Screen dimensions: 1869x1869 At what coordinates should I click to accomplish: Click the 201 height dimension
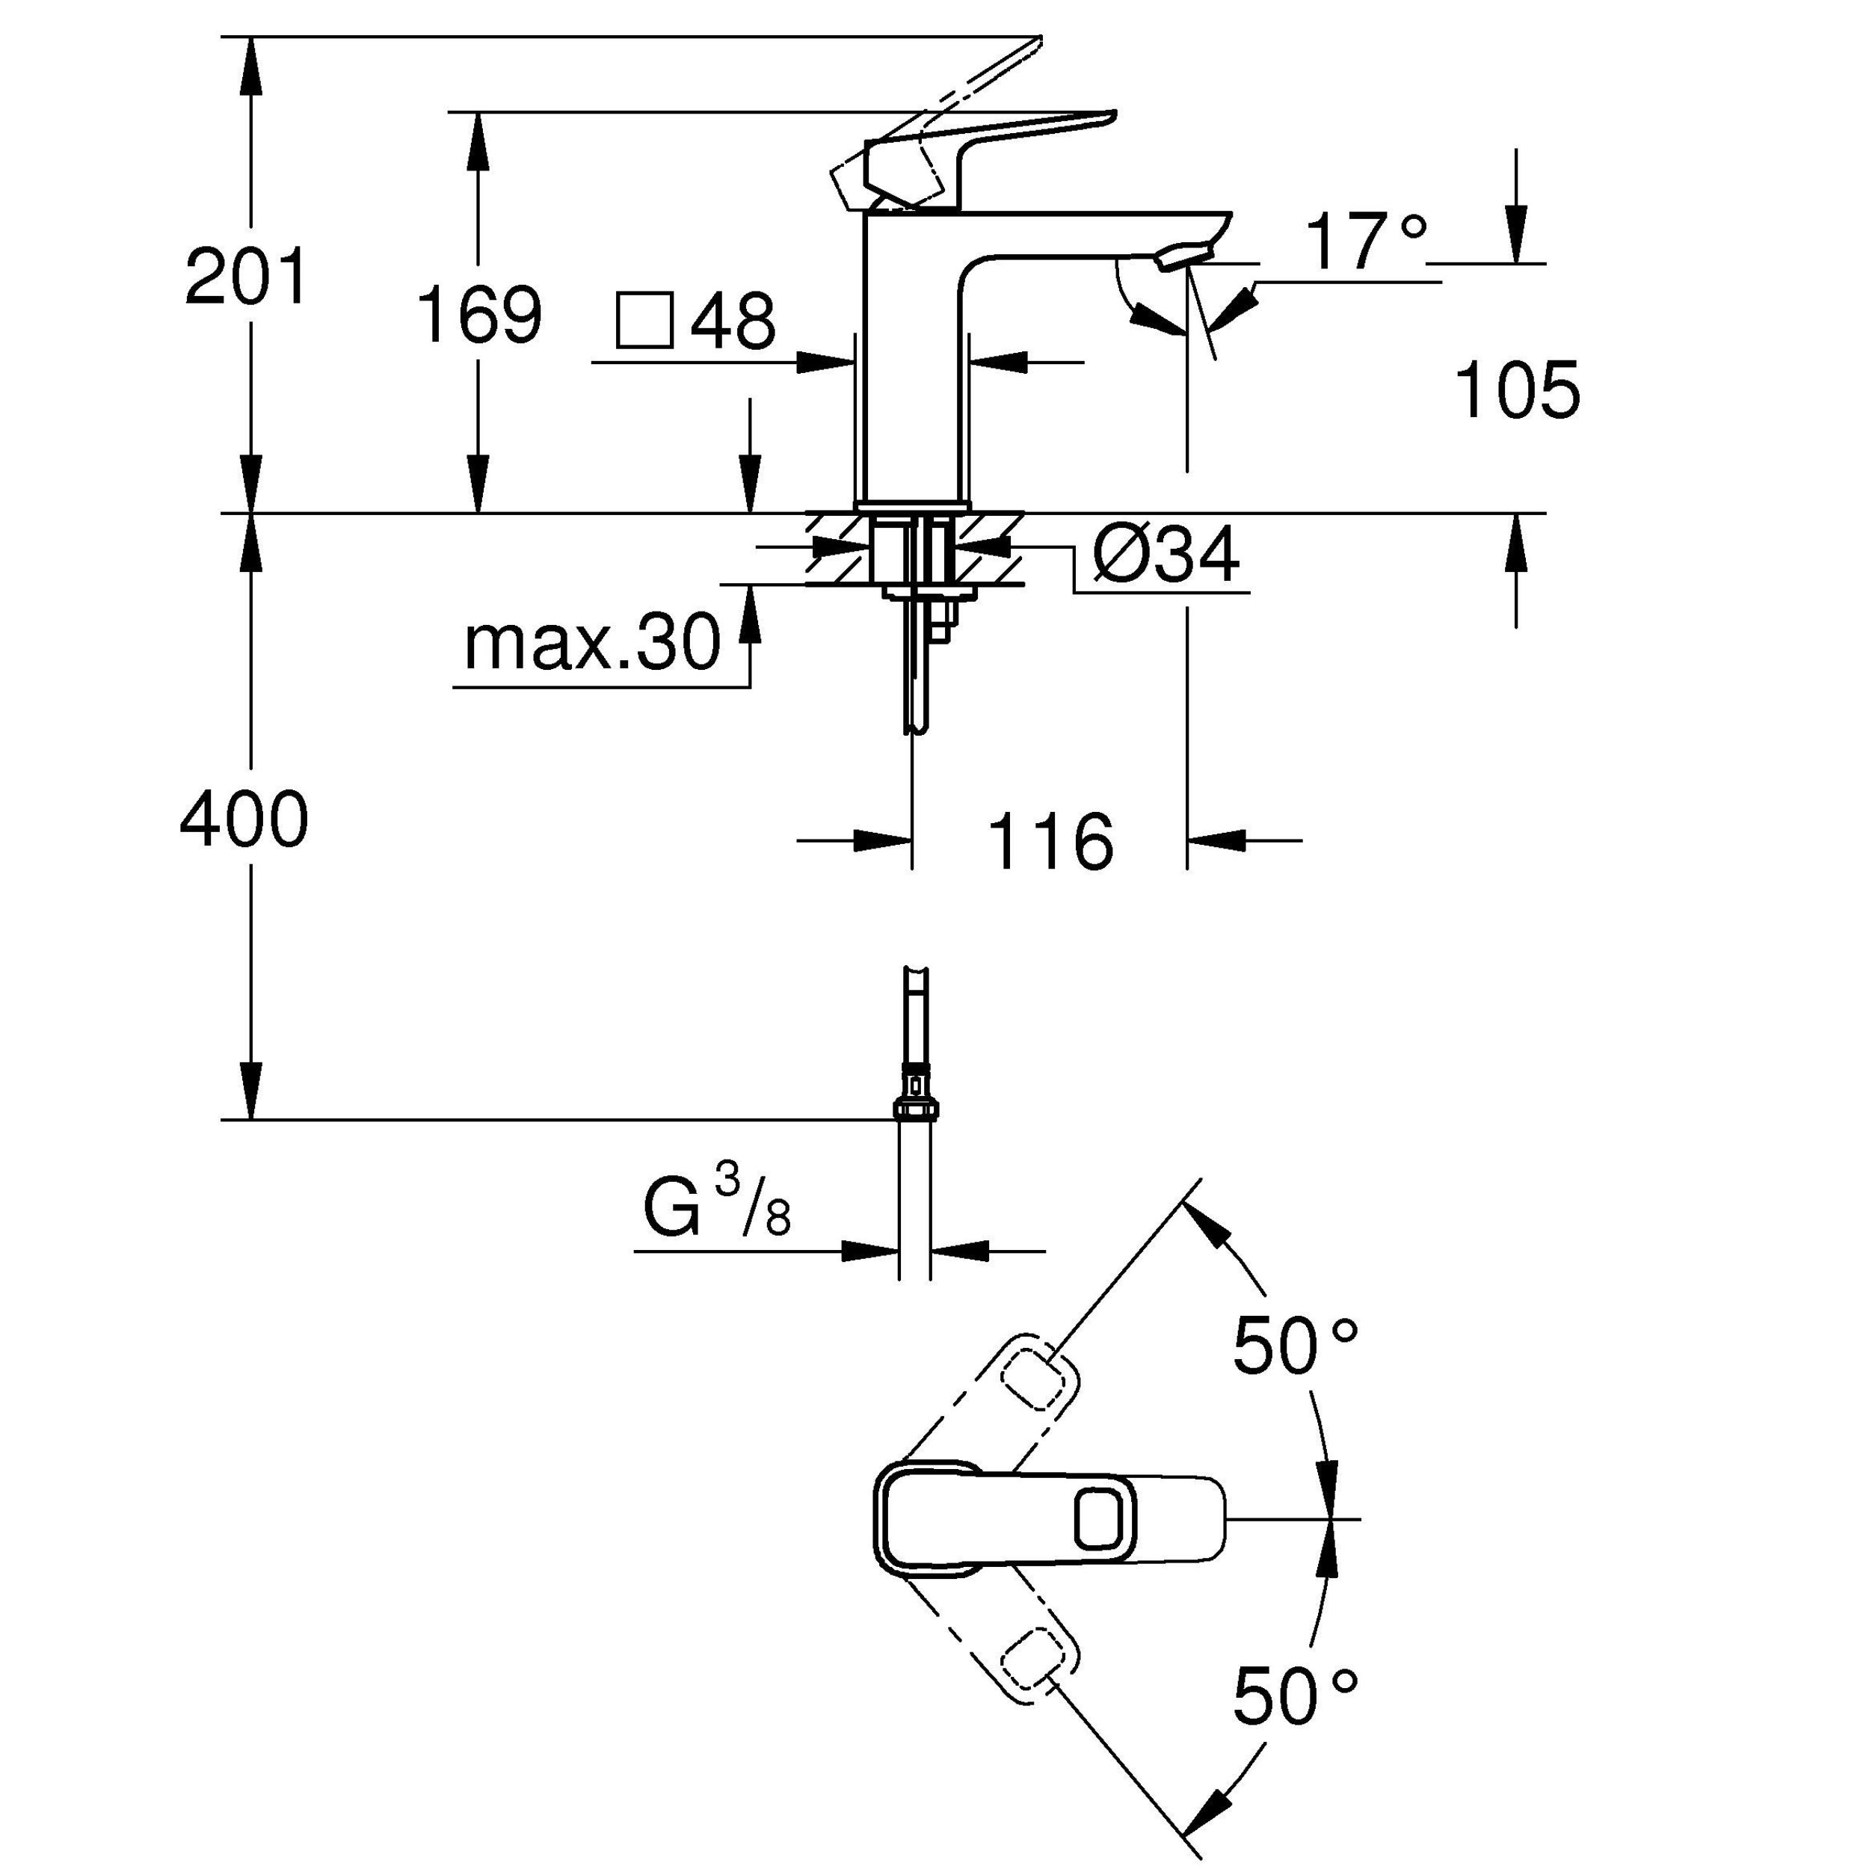tap(247, 277)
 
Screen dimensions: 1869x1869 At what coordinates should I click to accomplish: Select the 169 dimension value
tap(478, 315)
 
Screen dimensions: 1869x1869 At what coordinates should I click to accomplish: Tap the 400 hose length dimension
tap(244, 819)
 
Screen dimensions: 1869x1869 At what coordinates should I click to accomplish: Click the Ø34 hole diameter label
tap(1166, 556)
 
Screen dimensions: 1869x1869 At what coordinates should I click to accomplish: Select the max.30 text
tap(592, 644)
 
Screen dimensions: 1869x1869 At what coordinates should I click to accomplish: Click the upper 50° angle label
tap(1294, 1346)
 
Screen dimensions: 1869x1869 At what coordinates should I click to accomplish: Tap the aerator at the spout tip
tap(1182, 256)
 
